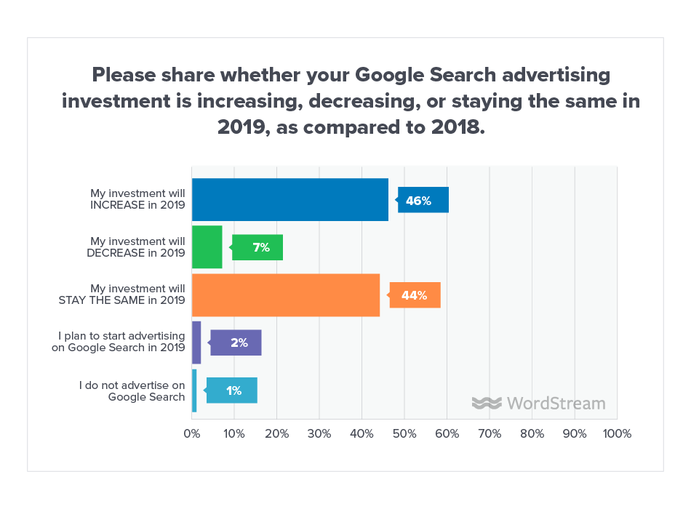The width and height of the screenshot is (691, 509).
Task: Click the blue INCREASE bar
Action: pyautogui.click(x=289, y=199)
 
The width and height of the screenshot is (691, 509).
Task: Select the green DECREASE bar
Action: pyautogui.click(x=207, y=247)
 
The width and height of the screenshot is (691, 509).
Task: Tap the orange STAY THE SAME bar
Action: pyautogui.click(x=285, y=295)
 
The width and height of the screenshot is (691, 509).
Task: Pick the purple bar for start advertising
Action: pyautogui.click(x=196, y=342)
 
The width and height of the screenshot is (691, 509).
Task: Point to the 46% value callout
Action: pyautogui.click(x=423, y=200)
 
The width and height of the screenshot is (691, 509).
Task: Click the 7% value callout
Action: pyautogui.click(x=258, y=248)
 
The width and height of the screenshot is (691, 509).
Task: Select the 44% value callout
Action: pyautogui.click(x=415, y=295)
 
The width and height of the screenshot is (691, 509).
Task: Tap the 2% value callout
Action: pyautogui.click(x=236, y=342)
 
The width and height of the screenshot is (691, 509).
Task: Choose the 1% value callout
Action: pyautogui.click(x=232, y=390)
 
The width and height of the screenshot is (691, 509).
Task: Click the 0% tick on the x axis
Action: pyautogui.click(x=191, y=433)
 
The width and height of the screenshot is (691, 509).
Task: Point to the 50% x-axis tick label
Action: pyautogui.click(x=404, y=433)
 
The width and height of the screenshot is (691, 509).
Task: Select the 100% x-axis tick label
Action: pyautogui.click(x=617, y=433)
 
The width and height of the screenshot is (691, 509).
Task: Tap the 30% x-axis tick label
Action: pyautogui.click(x=319, y=433)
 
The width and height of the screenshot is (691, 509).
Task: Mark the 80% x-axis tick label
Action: pyautogui.click(x=532, y=433)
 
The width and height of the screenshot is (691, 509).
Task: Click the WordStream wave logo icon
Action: pyautogui.click(x=487, y=403)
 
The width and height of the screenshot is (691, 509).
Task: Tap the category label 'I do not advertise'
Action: pyautogui.click(x=132, y=385)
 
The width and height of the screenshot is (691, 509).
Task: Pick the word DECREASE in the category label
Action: pyautogui.click(x=121, y=253)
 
